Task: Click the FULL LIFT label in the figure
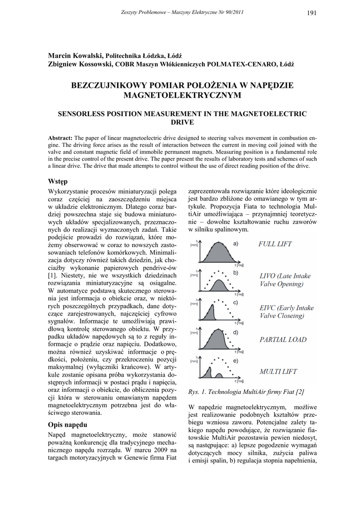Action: (x=275, y=244)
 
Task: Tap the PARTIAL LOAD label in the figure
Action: (x=284, y=340)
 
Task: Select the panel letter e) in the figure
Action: (x=236, y=361)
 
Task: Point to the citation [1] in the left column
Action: (x=52, y=275)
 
